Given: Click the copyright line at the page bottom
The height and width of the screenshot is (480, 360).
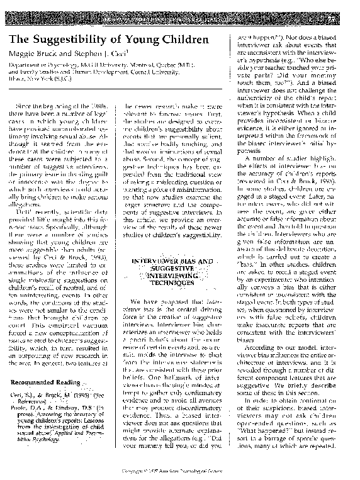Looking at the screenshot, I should [179, 476].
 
